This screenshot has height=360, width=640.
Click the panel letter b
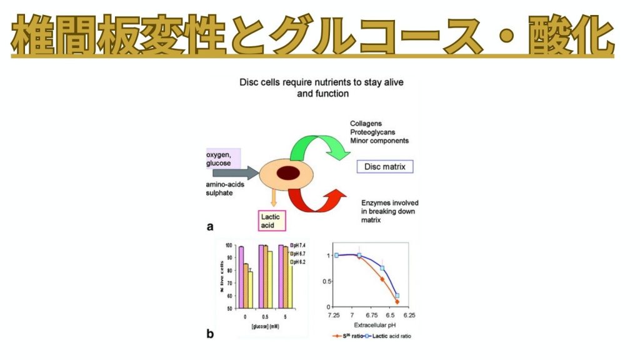210,334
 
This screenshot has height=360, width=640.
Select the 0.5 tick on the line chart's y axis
324,281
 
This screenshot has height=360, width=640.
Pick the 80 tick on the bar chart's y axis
231,271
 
